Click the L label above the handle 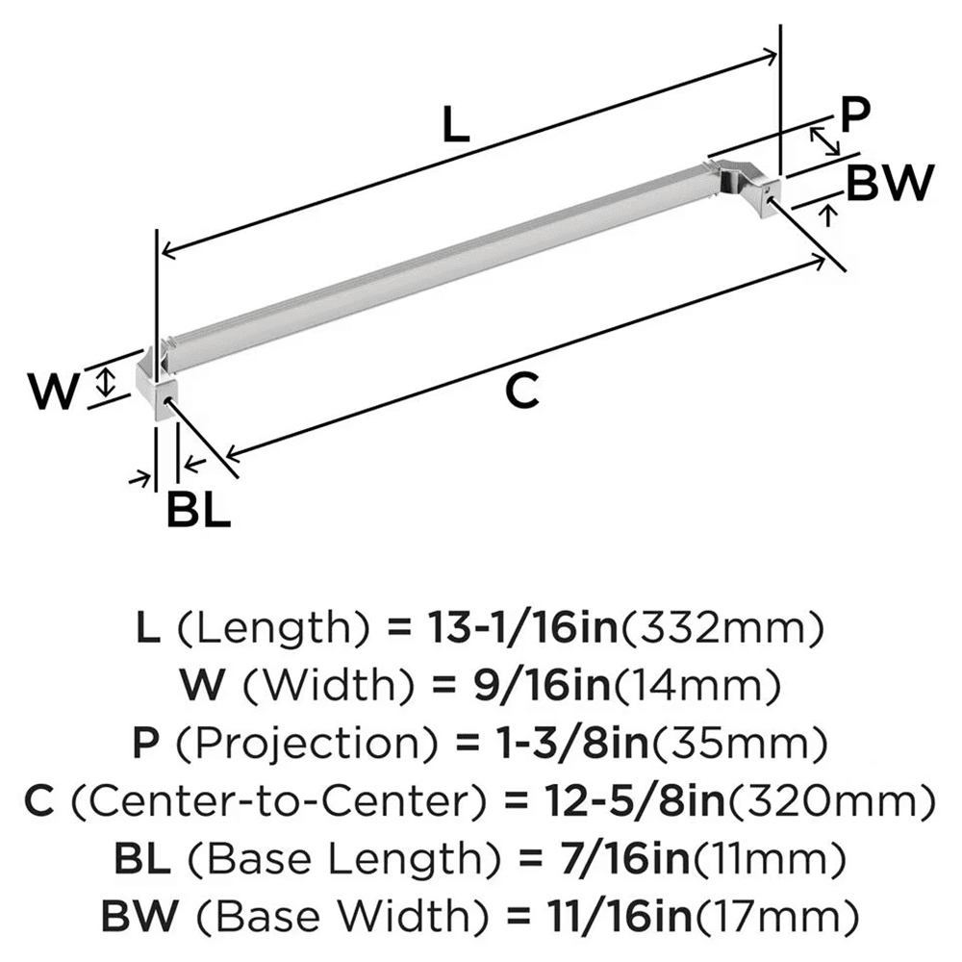pyautogui.click(x=456, y=125)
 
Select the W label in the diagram pyautogui.click(x=52, y=392)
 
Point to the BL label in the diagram pyautogui.click(x=198, y=510)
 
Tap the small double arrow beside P pyautogui.click(x=824, y=141)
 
